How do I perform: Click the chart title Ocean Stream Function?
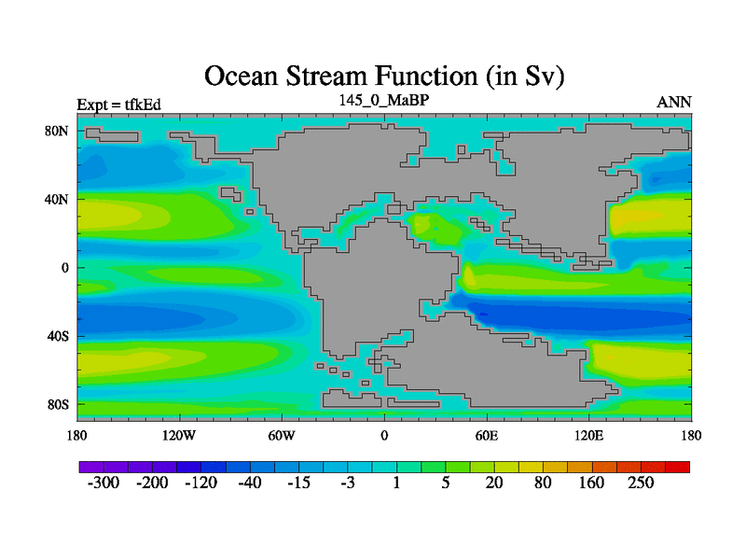coord(340,77)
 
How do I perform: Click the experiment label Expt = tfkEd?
coord(119,105)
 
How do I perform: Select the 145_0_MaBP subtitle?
coord(384,100)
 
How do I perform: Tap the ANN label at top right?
coord(673,103)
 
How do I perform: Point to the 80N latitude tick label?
coord(57,131)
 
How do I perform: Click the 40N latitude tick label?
coord(57,199)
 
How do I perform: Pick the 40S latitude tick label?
coord(58,336)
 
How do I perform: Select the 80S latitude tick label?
coord(58,405)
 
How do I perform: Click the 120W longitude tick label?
coord(179,436)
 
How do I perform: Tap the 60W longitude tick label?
coord(282,436)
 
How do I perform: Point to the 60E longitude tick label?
coord(487,436)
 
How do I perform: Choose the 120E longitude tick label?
coord(589,436)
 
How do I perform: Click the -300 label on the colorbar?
coord(104,483)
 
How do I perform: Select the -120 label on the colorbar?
coord(200,483)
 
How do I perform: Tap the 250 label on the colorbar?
coord(641,483)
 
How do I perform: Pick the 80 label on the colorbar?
coord(543,483)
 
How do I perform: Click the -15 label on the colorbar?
coord(298,483)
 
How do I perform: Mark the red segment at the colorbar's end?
coord(678,467)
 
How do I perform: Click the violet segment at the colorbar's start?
coord(91,467)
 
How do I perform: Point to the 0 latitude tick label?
coord(64,268)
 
